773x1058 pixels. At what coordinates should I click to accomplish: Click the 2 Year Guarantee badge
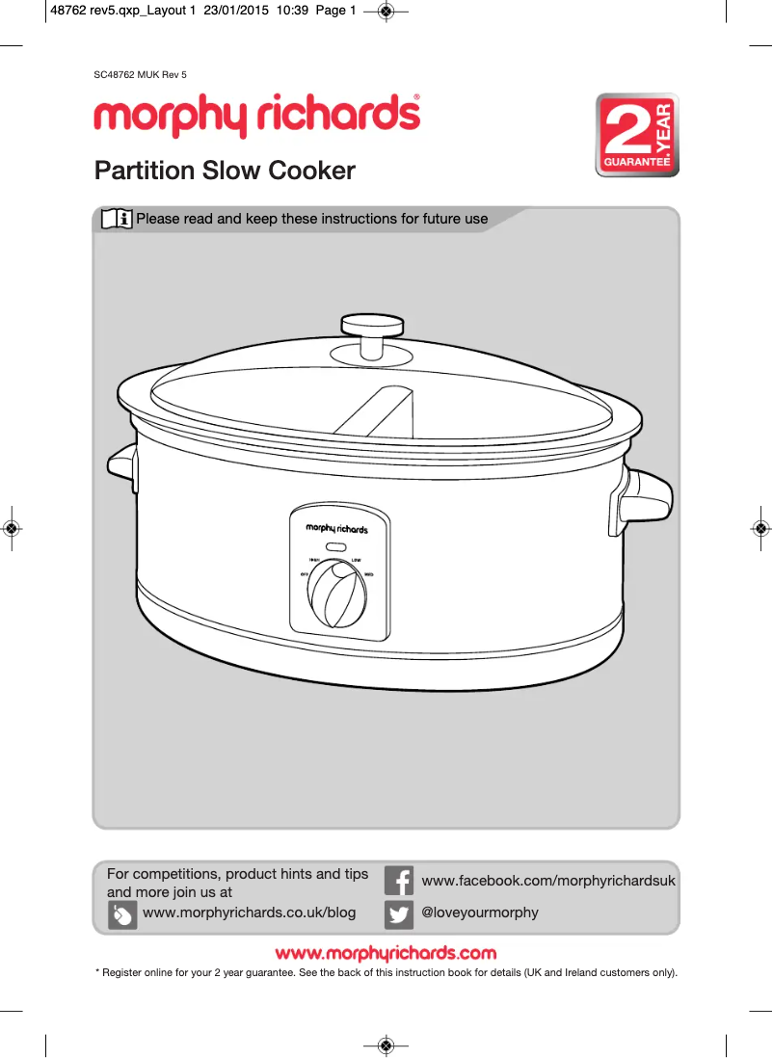click(636, 135)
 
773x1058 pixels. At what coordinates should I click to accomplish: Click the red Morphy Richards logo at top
click(256, 116)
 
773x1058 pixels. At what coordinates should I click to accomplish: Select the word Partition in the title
click(144, 171)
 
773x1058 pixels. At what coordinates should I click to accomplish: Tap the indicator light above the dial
click(336, 547)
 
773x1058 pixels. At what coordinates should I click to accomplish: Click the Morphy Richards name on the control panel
click(336, 529)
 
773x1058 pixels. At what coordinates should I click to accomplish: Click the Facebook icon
click(399, 881)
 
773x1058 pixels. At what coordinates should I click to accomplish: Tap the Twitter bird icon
click(399, 913)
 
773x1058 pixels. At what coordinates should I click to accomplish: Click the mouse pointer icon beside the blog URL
click(122, 914)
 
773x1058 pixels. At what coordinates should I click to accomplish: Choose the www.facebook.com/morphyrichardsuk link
click(548, 881)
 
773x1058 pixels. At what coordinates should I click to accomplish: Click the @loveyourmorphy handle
click(480, 913)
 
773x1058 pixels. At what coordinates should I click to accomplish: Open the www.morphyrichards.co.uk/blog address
click(249, 913)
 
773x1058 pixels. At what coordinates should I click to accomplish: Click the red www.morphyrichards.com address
click(386, 954)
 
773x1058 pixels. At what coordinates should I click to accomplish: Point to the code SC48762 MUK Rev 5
click(140, 74)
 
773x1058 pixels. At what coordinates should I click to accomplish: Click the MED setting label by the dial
click(369, 575)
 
